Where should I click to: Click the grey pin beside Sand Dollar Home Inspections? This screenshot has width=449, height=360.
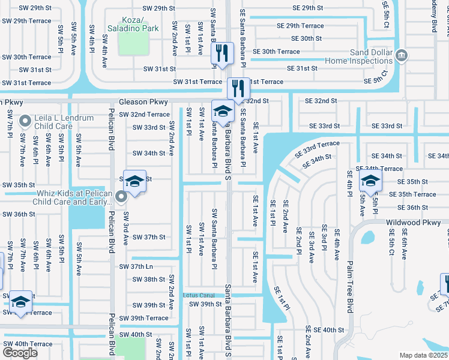402,56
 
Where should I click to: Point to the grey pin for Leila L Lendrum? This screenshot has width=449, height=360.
25,122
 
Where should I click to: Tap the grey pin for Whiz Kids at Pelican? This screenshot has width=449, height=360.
121,196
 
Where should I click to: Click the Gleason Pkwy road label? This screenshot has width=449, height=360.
143,103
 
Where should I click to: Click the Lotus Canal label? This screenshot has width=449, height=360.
199,295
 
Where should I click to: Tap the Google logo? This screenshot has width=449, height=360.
20,353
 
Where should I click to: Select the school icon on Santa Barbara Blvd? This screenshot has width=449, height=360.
223,111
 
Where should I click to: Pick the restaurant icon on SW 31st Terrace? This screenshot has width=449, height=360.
239,89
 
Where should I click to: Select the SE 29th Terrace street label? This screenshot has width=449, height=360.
300,26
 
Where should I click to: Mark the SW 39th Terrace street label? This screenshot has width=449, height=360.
143,318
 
